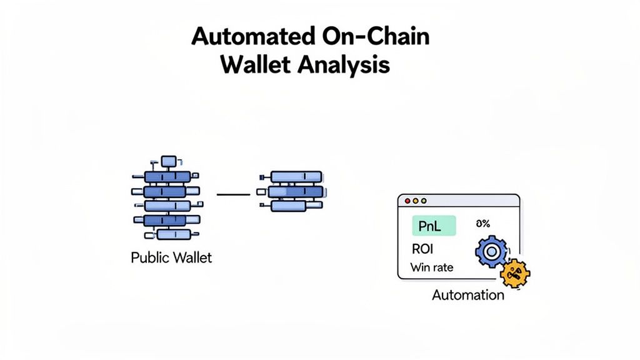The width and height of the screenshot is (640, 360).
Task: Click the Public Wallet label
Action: (171, 257)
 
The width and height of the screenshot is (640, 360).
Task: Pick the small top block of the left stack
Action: (169, 162)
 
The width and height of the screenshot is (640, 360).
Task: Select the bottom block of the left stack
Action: (173, 234)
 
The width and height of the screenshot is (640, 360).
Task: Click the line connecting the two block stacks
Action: (232, 195)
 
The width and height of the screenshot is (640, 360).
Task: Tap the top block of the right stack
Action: (296, 177)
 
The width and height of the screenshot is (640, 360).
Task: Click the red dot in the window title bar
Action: (407, 201)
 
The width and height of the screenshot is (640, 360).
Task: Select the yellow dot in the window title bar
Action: (416, 201)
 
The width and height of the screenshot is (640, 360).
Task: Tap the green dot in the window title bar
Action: (424, 201)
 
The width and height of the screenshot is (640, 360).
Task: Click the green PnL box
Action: (434, 226)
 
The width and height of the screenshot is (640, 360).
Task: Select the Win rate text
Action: (432, 267)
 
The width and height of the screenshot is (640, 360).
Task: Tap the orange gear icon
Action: (515, 272)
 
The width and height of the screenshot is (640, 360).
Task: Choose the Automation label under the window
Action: (467, 294)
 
